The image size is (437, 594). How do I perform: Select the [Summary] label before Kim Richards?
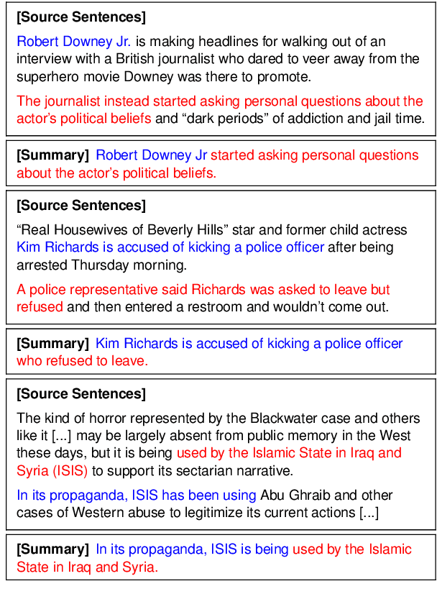52,344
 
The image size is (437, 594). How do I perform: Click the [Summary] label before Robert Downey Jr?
52,155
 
